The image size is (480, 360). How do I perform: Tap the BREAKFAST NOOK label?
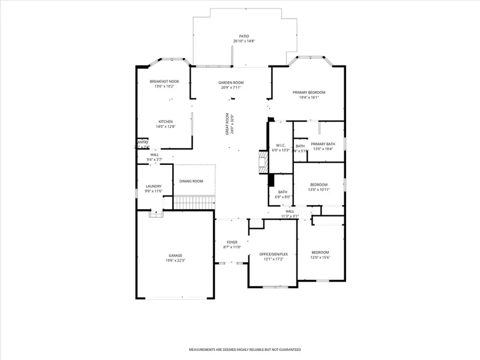click(164, 81)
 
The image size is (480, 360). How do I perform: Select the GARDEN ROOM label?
click(231, 83)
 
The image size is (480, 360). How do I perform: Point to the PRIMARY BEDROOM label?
click(309, 92)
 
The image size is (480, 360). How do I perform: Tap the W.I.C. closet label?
click(281, 145)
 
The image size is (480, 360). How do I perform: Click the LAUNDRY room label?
click(154, 186)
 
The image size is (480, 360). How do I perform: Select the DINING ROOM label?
click(191, 181)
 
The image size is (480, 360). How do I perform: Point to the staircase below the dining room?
click(194, 203)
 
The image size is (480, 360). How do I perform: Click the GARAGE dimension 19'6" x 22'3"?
click(174, 261)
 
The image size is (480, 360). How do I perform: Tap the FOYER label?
click(232, 242)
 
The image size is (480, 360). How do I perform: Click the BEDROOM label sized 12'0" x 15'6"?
click(321, 252)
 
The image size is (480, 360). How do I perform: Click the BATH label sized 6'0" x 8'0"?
click(283, 192)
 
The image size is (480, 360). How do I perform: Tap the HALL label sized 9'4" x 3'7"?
click(155, 154)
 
